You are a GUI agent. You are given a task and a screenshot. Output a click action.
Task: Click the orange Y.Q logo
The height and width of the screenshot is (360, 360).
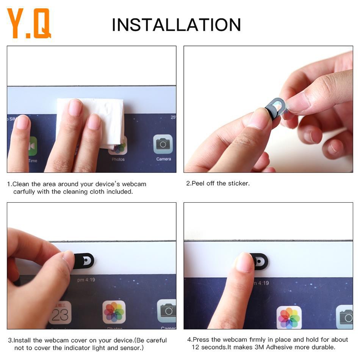pos(29,24)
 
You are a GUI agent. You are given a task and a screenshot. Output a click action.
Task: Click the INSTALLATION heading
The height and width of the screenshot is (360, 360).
pos(176,25)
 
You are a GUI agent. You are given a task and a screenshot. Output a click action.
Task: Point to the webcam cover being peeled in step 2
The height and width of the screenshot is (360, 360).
pos(275,108)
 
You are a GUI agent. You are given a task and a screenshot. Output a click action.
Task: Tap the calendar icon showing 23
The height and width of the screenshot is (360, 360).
pos(60,313)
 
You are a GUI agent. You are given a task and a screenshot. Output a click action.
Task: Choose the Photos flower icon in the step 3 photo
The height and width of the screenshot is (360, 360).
pos(114,312)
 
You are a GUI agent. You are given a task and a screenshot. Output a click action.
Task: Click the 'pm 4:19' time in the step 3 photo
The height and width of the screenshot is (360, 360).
pos(86,280)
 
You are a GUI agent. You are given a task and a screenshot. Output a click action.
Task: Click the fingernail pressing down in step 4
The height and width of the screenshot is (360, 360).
pos(244,262)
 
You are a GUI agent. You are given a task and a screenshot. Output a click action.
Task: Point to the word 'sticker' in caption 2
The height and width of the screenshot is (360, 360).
pos(238,183)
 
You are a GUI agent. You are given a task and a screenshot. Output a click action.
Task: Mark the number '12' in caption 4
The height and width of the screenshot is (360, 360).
pos(196,347)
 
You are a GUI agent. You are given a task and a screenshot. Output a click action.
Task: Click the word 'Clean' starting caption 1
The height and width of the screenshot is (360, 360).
pos(21,184)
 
